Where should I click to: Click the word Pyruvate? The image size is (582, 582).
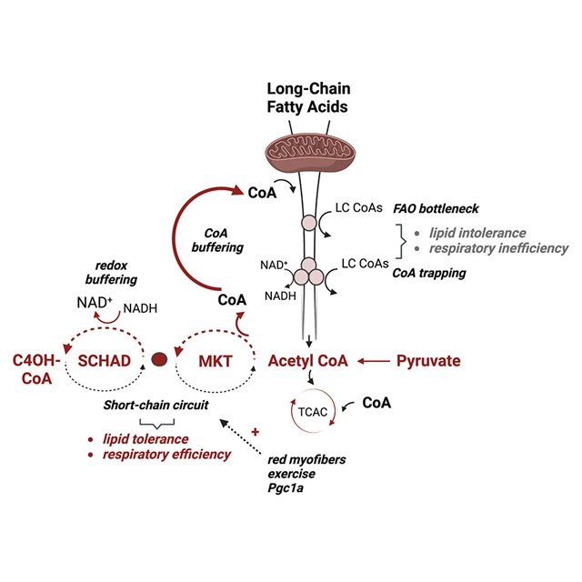coord(427,362)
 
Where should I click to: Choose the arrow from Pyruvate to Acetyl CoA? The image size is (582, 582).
coord(370,362)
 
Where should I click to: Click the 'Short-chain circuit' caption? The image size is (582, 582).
coord(158,406)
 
